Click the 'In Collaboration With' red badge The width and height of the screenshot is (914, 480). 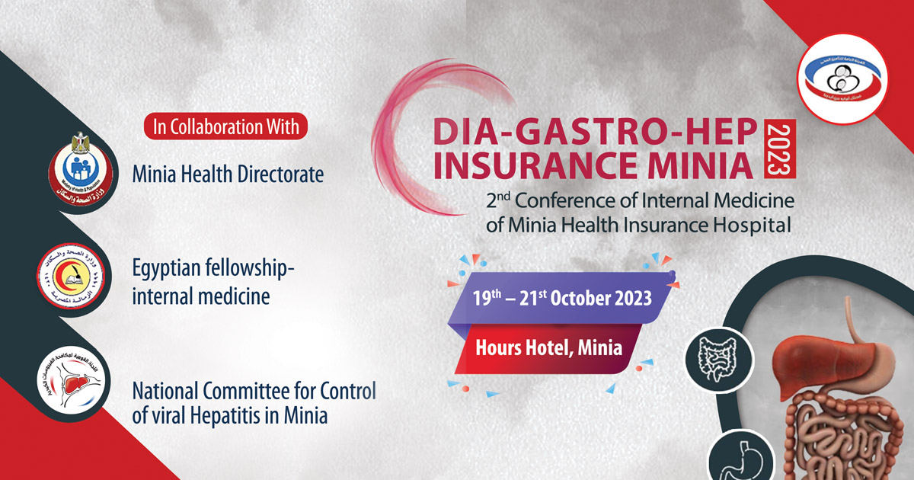[x=226, y=126]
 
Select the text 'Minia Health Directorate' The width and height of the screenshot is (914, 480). [x=228, y=174]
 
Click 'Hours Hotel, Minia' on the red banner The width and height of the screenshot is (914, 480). [x=548, y=347]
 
